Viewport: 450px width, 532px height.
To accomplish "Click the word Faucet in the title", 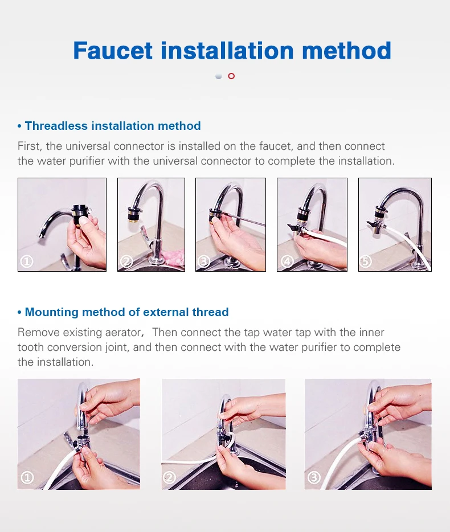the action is click(113, 51).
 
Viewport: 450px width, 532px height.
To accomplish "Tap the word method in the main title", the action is click(346, 51).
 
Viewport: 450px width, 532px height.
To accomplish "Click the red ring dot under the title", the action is click(231, 76).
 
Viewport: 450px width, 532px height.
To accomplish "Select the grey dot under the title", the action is click(219, 76).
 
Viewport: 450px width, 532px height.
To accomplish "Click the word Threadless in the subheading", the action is click(56, 126).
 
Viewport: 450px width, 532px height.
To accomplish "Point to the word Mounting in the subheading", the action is click(52, 313).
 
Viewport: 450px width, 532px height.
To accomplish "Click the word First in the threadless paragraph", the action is click(30, 146).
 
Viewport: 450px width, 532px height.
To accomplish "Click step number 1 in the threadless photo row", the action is click(27, 261).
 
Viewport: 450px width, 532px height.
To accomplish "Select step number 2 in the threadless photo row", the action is click(126, 261).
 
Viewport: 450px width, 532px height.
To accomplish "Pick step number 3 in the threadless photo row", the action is click(204, 261).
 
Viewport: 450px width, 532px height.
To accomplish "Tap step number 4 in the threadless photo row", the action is click(287, 261).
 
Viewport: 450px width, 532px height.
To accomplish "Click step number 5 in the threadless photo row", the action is click(366, 261).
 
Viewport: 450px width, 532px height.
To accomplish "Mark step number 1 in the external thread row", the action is click(27, 478).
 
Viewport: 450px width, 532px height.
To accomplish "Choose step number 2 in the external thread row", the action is click(169, 478).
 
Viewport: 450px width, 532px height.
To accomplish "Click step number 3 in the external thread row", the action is click(314, 478).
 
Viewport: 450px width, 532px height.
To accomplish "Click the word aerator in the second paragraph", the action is click(122, 333).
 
